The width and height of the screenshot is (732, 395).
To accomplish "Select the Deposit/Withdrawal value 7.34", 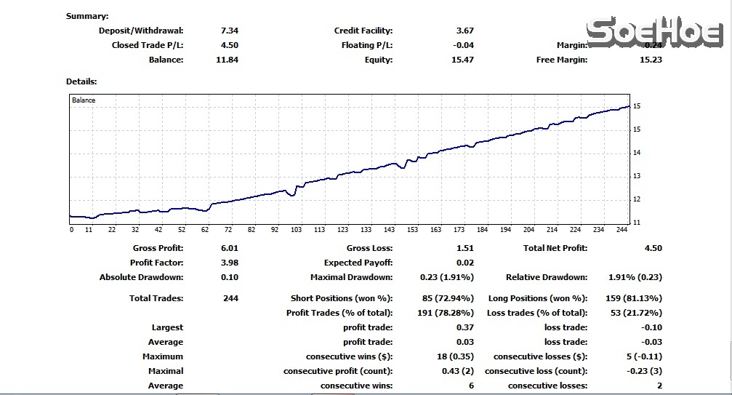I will (x=229, y=31).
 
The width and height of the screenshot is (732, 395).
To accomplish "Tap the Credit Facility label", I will (x=363, y=31).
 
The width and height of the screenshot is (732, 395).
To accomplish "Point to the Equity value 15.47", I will (x=462, y=60).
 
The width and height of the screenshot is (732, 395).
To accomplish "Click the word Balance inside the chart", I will (x=84, y=100).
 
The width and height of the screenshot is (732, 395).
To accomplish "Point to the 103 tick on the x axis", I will (x=297, y=230).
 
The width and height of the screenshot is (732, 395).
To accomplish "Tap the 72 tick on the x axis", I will (x=228, y=230).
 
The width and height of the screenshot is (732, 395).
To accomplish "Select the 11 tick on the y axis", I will (x=637, y=223).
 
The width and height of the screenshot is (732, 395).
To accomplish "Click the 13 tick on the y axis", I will (x=637, y=176).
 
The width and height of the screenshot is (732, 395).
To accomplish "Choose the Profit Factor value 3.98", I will (x=229, y=263).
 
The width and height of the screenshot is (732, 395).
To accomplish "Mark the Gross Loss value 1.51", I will (x=464, y=248).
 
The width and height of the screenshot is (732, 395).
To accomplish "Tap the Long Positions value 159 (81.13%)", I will (x=634, y=298).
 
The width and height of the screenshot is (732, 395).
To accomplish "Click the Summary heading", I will (x=87, y=16).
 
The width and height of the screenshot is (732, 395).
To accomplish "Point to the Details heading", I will (x=81, y=82).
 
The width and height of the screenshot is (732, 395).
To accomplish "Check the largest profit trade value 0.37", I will (x=464, y=327).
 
